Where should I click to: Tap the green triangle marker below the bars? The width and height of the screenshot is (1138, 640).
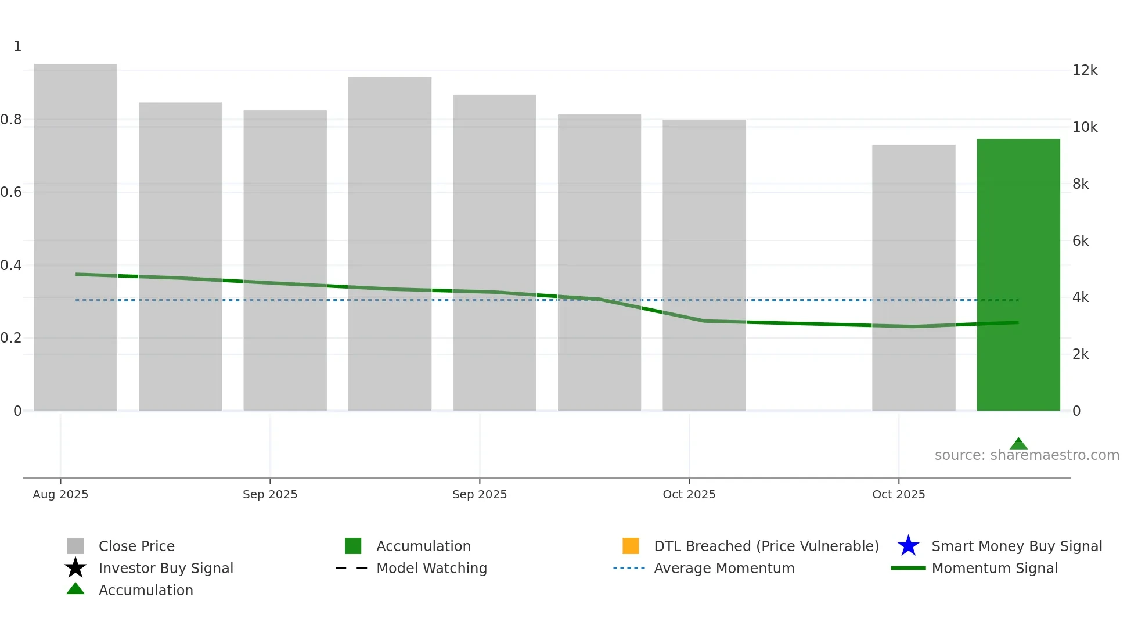coord(1018,444)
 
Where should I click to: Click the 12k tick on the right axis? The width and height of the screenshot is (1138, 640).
coord(1085,70)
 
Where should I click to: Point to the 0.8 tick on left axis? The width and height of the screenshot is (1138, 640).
coord(11,120)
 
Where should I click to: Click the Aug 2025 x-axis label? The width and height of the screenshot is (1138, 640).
coord(60,494)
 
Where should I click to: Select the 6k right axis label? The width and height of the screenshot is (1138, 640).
coord(1081,241)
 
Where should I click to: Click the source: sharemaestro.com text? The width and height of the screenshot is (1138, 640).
coord(1027,455)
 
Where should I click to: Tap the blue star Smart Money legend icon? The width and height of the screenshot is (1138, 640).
coord(908,546)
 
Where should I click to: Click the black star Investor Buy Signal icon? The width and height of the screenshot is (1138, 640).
coord(75,568)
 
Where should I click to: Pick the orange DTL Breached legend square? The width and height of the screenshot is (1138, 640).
coord(631,546)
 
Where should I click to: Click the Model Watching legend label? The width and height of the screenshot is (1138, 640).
coord(431,568)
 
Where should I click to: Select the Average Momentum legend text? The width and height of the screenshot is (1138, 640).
coord(724,568)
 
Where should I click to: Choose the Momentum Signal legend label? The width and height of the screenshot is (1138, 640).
coord(995,568)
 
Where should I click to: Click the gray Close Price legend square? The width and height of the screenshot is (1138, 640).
coord(75,546)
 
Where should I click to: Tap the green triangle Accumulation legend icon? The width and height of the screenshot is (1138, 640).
coord(75,589)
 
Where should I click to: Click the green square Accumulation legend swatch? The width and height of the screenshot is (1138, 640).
coord(353,546)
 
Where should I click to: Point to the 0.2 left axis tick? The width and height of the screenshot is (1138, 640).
coord(11,338)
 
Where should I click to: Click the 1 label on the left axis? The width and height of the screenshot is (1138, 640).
coord(17,46)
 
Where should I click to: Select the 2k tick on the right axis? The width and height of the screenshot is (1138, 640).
coord(1081,354)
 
